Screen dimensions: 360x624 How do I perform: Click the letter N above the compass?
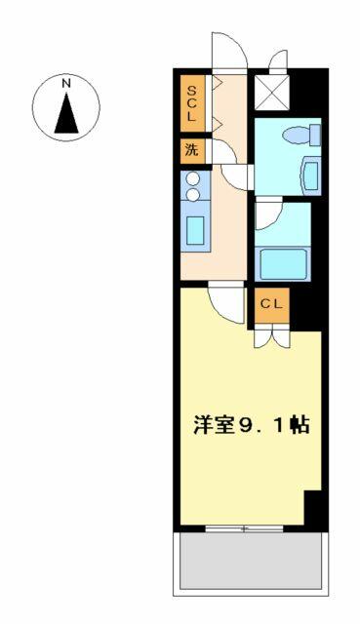(x=66, y=84)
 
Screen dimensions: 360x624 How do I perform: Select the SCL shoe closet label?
(x=192, y=103)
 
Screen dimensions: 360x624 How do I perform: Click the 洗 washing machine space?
(x=192, y=151)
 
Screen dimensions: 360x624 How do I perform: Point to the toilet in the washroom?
(x=302, y=136)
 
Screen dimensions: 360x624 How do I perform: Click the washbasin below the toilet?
(x=311, y=175)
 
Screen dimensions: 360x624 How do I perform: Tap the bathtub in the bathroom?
(x=283, y=263)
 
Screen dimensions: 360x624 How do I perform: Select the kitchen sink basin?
(x=195, y=230)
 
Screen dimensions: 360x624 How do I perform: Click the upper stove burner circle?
(x=193, y=178)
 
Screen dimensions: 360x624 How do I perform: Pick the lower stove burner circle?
(x=193, y=194)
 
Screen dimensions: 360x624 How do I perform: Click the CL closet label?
(x=271, y=304)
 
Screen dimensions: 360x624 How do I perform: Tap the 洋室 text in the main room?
(x=211, y=425)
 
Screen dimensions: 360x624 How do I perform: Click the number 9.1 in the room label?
(x=259, y=425)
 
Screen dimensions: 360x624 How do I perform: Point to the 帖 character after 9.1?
(x=300, y=425)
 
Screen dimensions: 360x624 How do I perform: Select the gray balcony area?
(x=251, y=561)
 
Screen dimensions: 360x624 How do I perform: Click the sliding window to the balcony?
(x=244, y=528)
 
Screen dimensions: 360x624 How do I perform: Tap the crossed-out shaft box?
(x=271, y=91)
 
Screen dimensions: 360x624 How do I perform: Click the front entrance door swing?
(x=230, y=51)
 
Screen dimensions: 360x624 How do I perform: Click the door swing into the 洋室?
(x=225, y=303)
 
